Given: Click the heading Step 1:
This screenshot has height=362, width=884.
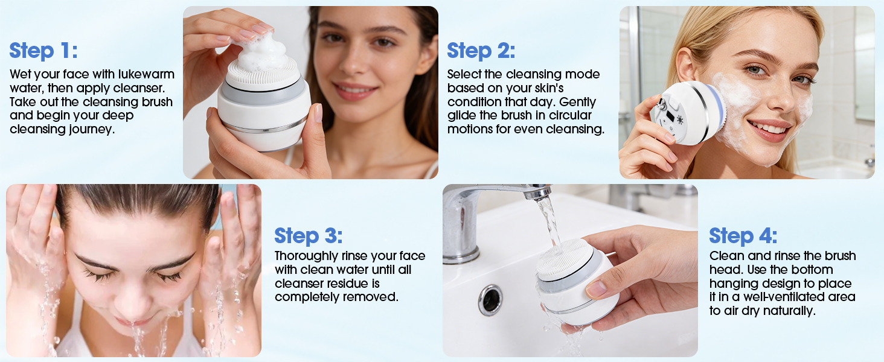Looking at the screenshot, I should (43, 51).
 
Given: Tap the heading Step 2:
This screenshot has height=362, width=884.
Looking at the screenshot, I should (481, 51).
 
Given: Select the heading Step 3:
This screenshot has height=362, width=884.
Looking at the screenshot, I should (309, 235).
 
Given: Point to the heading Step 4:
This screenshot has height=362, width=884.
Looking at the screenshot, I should (743, 235).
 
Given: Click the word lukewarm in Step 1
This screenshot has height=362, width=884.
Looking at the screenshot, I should (149, 74).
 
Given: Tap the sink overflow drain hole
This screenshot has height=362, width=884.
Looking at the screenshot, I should (490, 299).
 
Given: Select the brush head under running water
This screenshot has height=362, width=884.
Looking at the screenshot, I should (566, 258).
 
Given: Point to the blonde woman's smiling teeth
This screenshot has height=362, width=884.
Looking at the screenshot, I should (768, 128).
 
